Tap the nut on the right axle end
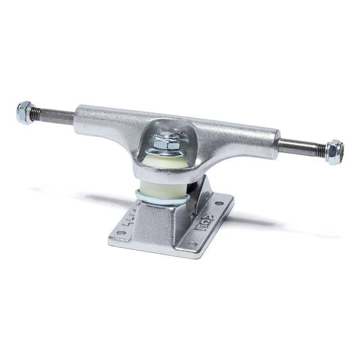(334, 152)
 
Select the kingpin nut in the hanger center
(167, 141)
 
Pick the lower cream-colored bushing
(165, 189)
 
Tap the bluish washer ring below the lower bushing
(162, 201)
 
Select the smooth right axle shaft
(294, 145)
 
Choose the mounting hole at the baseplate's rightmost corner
(220, 203)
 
